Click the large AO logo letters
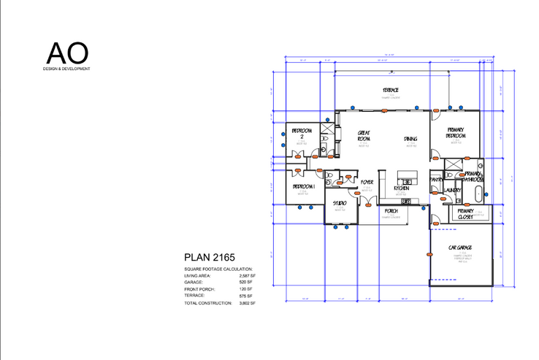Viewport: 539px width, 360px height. click(68, 53)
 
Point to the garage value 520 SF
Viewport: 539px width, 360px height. click(246, 282)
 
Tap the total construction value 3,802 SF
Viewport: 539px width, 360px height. click(247, 302)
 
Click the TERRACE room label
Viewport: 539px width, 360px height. click(391, 91)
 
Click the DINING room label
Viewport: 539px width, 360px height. click(410, 139)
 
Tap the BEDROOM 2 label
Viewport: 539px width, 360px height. click(302, 133)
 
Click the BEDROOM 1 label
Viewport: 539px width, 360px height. click(303, 187)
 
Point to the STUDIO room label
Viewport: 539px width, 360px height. click(340, 203)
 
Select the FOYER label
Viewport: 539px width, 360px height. click(367, 182)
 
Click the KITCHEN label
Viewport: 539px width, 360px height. click(402, 188)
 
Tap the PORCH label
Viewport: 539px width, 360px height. click(390, 210)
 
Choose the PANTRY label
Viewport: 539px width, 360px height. click(436, 178)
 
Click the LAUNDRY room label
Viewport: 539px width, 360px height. click(453, 191)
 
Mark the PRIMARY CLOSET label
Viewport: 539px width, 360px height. click(465, 213)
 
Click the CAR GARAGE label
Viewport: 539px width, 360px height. click(461, 249)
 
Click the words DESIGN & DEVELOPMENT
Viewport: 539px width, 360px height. click(66, 69)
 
